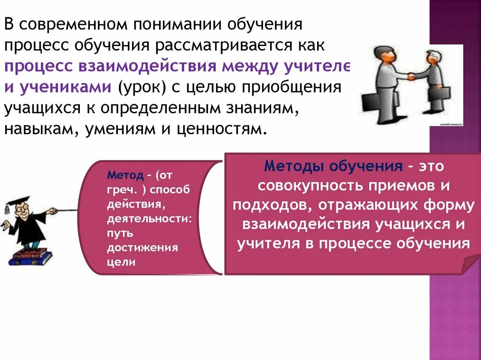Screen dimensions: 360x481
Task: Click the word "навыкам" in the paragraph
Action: [37, 128]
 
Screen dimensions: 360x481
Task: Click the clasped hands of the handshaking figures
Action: [411, 76]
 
